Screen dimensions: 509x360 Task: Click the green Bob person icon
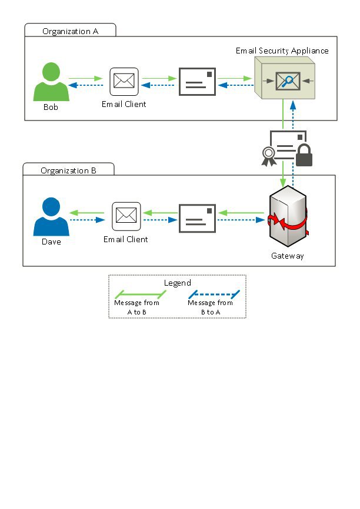point(51,83)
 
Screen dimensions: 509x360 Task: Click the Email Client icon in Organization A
point(124,82)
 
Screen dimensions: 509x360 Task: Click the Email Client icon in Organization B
point(126,216)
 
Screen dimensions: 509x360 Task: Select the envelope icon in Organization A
point(197,81)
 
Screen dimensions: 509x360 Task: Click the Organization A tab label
point(70,31)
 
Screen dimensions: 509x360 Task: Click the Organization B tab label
point(68,170)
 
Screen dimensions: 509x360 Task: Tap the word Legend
point(177,283)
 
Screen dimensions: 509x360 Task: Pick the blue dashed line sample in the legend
point(213,293)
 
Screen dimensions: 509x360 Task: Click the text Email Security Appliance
point(282,51)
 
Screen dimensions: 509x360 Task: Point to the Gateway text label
point(287,256)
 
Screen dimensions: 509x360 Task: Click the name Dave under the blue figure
point(51,242)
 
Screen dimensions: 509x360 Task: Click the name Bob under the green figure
point(51,108)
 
